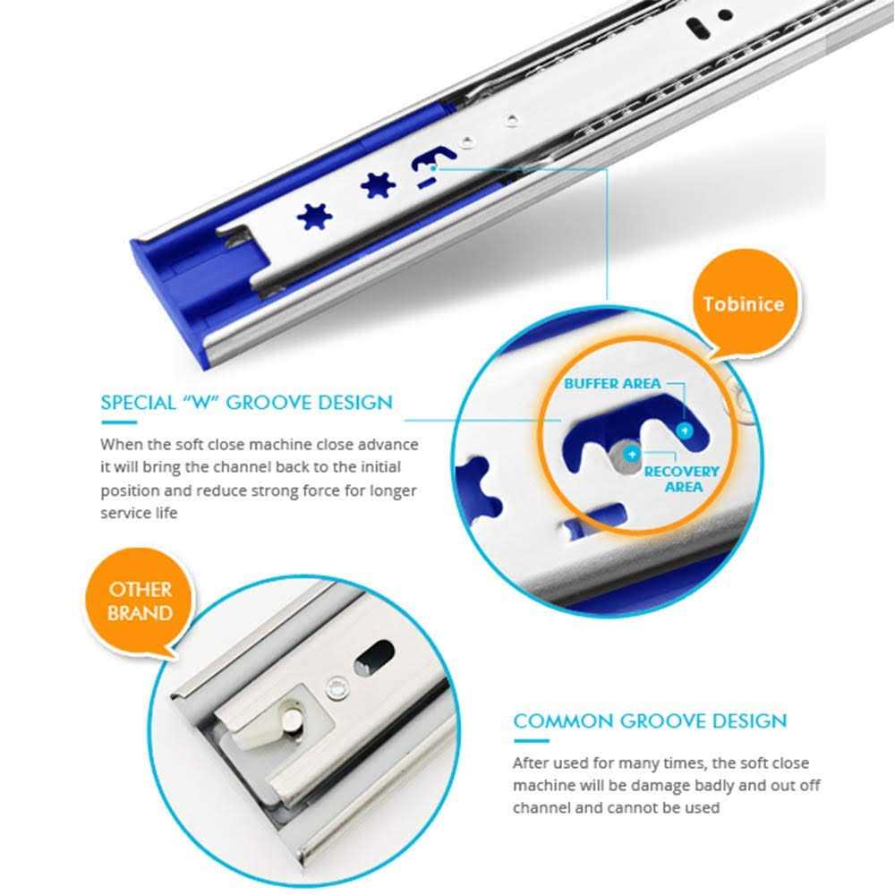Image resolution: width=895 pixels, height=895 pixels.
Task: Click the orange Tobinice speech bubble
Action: pyautogui.click(x=742, y=303)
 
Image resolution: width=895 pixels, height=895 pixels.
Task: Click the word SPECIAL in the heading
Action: pyautogui.click(x=136, y=403)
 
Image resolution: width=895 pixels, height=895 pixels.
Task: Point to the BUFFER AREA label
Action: pyautogui.click(x=612, y=384)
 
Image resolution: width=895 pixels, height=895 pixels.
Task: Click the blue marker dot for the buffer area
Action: pyautogui.click(x=686, y=430)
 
